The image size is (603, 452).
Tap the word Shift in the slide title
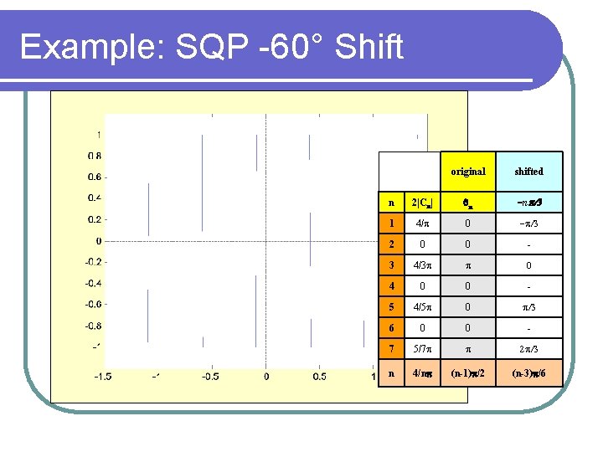click(x=368, y=47)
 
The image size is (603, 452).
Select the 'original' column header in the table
click(x=468, y=172)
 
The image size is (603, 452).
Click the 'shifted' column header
click(x=528, y=172)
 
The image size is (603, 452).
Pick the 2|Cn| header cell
click(x=421, y=202)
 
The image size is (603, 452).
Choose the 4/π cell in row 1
click(x=421, y=223)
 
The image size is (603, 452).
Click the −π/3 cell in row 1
click(x=528, y=223)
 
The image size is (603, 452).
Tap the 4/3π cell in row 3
click(x=421, y=266)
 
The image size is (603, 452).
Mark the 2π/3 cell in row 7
click(x=528, y=347)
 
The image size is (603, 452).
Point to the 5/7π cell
click(x=421, y=347)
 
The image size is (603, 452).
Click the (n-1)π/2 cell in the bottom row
click(x=468, y=372)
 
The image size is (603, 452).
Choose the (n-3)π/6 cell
click(x=528, y=372)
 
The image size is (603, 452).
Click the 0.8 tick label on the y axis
click(x=95, y=155)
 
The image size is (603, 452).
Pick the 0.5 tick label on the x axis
click(x=319, y=377)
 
